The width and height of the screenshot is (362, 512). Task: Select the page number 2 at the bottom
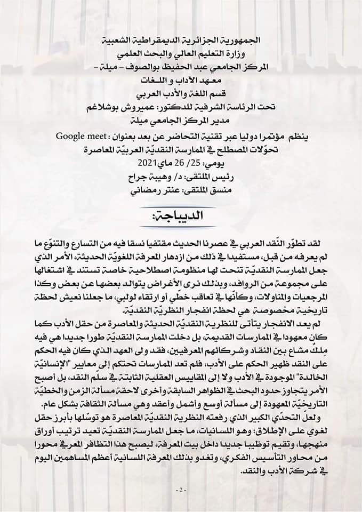click(x=181, y=490)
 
